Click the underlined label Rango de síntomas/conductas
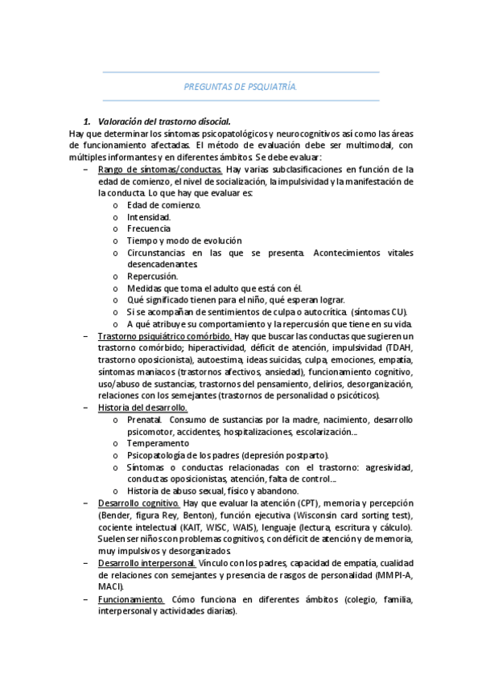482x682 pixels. click(x=159, y=170)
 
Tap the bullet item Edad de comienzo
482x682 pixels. click(x=164, y=204)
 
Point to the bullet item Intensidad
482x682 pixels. click(x=148, y=216)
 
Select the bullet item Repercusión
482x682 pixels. click(x=152, y=276)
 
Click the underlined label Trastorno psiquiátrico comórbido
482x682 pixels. click(x=165, y=335)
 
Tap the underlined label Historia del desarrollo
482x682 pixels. click(x=142, y=407)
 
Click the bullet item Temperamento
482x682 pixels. click(x=158, y=443)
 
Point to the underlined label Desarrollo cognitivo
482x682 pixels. click(x=138, y=503)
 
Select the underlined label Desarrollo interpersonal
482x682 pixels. click(x=145, y=562)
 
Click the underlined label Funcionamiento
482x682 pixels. click(x=131, y=598)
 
